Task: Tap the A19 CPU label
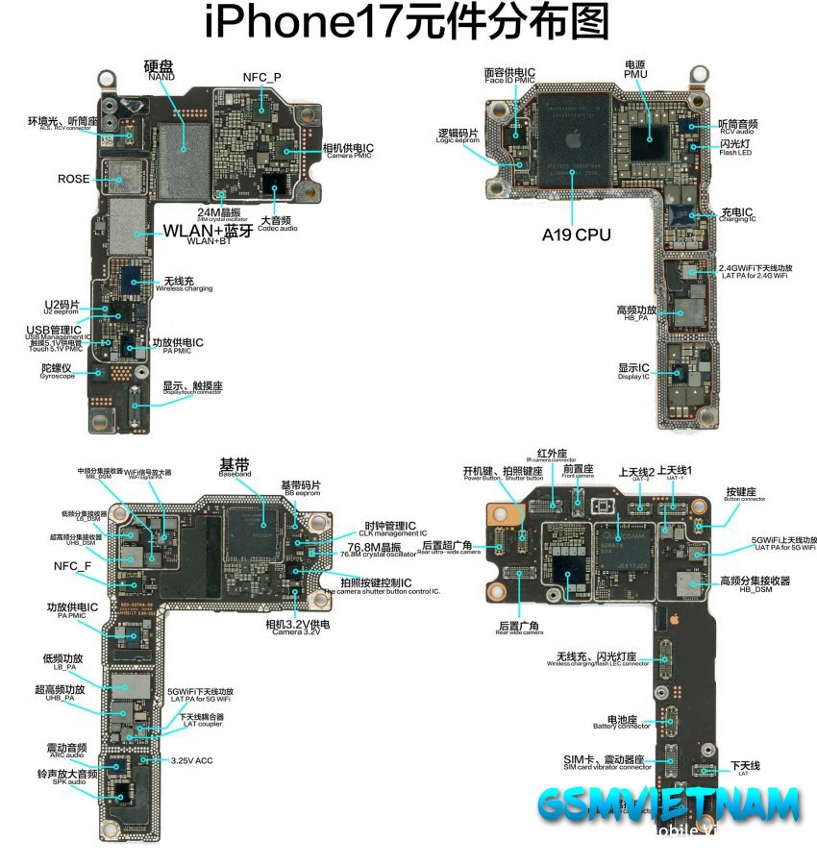(577, 234)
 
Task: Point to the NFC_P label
(261, 77)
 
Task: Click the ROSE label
(74, 179)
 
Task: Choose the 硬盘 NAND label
(160, 70)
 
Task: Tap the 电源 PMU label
(636, 68)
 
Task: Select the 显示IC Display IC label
(634, 370)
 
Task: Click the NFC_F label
(72, 565)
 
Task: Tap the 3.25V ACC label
(191, 760)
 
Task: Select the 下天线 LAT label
(744, 766)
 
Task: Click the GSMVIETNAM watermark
(669, 803)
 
